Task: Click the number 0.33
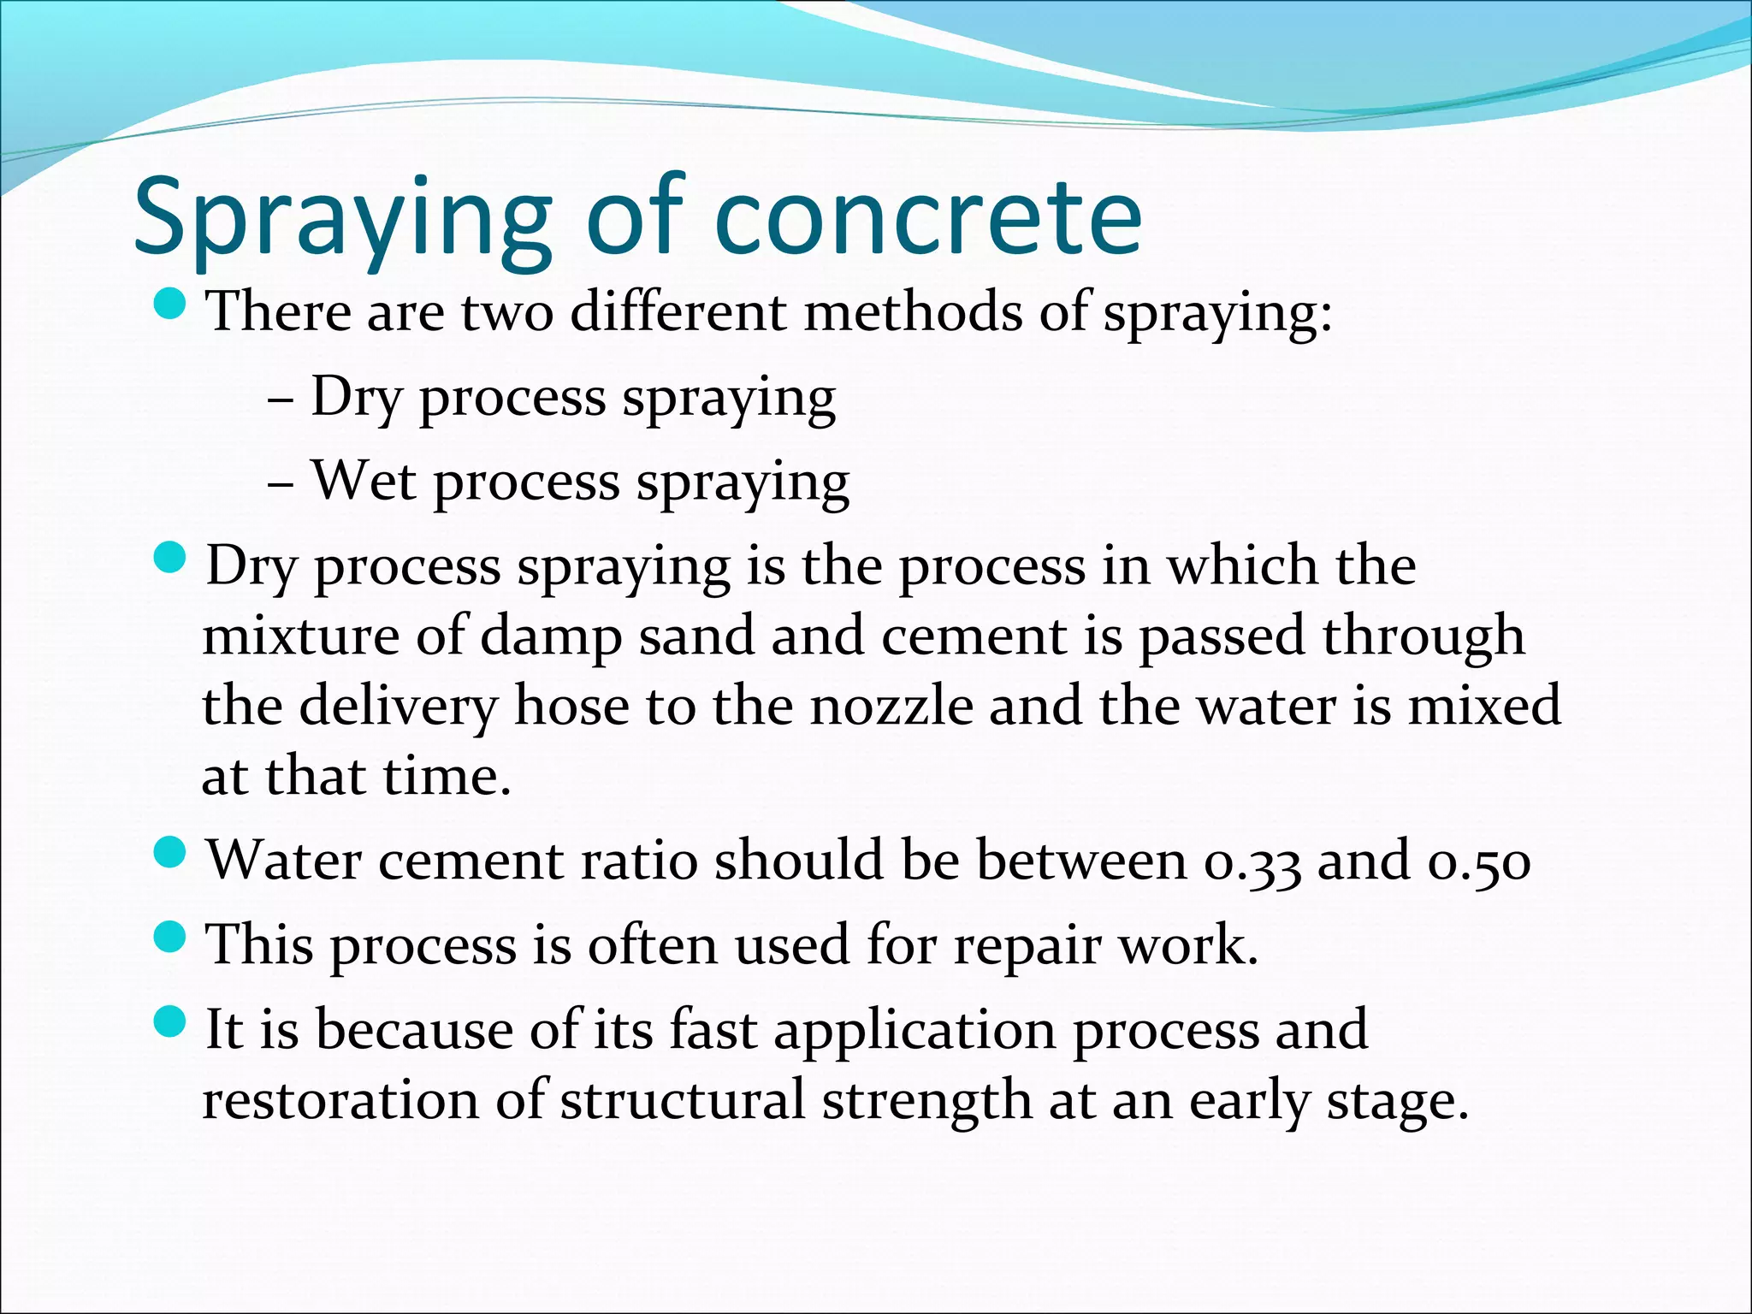click(1252, 861)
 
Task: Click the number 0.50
click(1479, 861)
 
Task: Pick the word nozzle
click(891, 707)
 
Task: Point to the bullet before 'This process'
click(172, 937)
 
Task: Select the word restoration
click(340, 1100)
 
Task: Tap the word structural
click(683, 1100)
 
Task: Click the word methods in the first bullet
click(913, 311)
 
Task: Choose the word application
click(914, 1032)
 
